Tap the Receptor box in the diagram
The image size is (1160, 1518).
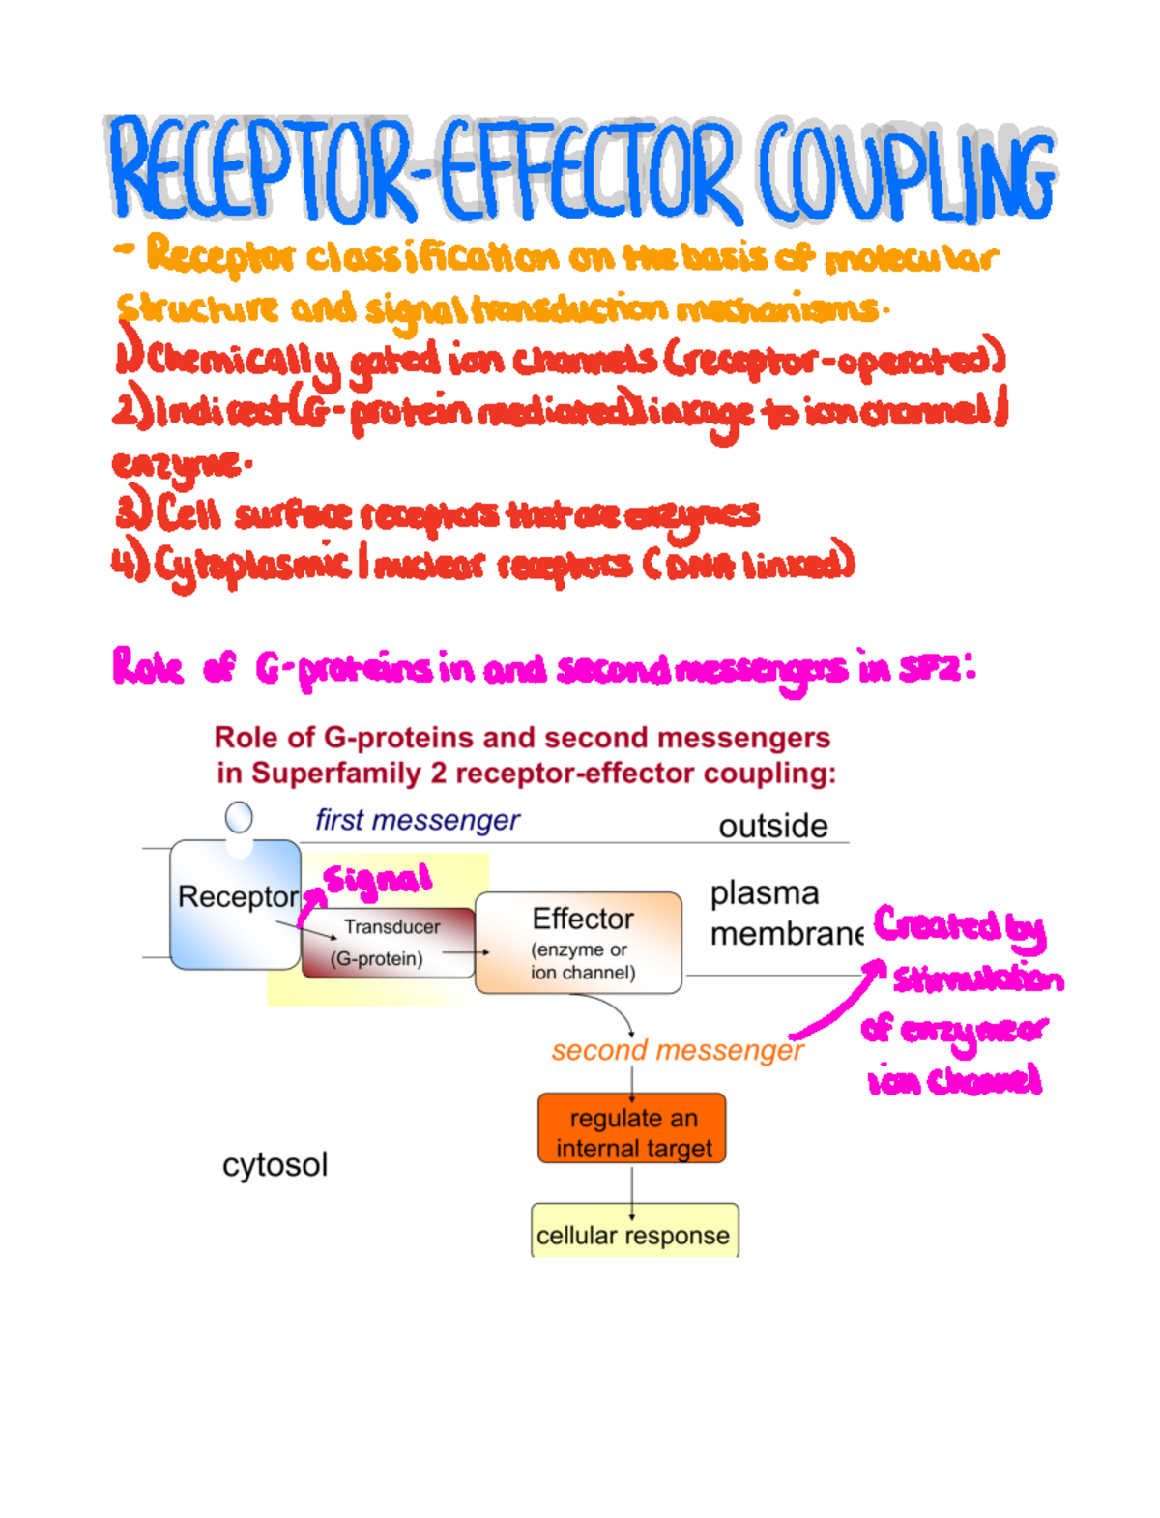[236, 905]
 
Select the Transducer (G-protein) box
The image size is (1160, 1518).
[388, 943]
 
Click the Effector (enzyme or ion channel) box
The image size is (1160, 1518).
[579, 943]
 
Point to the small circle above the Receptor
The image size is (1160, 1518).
[239, 818]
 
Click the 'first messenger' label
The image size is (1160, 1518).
[417, 820]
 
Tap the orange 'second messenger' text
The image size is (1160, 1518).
[677, 1050]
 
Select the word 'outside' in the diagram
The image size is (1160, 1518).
[772, 826]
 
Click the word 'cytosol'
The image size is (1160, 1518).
[275, 1164]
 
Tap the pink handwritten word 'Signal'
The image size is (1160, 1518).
[377, 880]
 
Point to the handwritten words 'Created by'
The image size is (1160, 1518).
[959, 926]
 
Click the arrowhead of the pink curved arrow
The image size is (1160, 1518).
[878, 966]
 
